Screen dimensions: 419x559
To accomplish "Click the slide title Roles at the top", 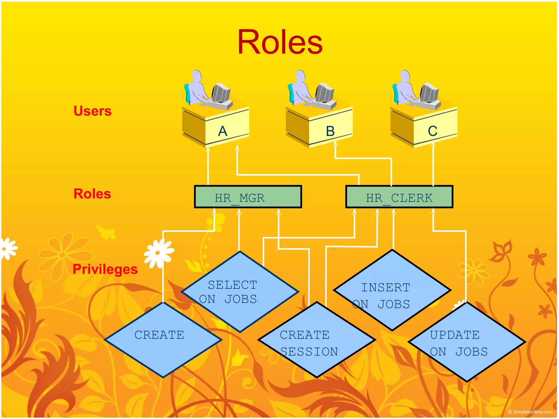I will coord(280,42).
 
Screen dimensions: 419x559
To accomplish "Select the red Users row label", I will coord(93,111).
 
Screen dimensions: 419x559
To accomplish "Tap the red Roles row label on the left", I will coord(92,194).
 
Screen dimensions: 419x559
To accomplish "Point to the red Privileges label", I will coord(105,269).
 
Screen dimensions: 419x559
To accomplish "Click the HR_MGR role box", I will coord(248,197).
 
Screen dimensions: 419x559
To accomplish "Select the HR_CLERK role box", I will coord(399,197).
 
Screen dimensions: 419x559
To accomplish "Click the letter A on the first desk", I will coord(223,131).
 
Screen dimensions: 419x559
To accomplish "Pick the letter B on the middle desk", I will coord(330,131).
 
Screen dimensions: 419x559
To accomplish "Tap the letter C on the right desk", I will coord(433,131).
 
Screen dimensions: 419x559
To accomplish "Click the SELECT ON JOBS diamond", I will coord(240,292).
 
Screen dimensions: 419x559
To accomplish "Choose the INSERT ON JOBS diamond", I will coord(392,291).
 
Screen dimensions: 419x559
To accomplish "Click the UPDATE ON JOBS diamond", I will coord(467,342).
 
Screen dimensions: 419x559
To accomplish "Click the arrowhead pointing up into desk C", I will coord(433,144).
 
